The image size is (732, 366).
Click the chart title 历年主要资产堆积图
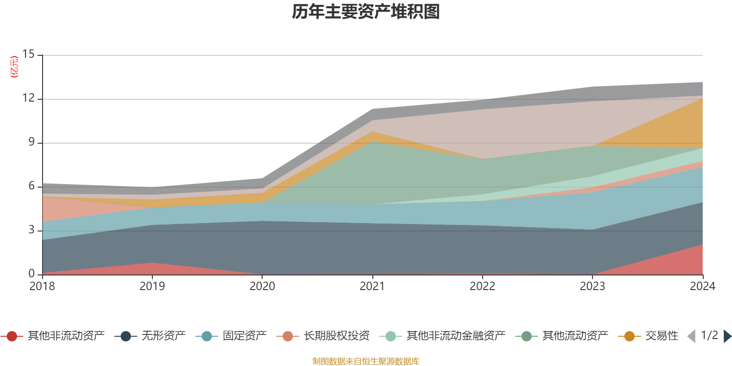click(366, 12)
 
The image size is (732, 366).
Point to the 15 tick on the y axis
click(28, 54)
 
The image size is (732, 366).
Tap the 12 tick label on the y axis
click(28, 98)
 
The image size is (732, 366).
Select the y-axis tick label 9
click(31, 142)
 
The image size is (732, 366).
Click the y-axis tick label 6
click(31, 186)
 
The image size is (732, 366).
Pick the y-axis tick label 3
click(31, 230)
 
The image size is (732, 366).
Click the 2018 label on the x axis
click(42, 286)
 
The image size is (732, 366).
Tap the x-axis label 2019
click(152, 286)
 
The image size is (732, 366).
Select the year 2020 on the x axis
click(262, 286)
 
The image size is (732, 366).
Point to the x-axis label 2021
click(372, 286)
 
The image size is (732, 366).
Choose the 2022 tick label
click(482, 286)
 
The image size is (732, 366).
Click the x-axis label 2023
click(592, 286)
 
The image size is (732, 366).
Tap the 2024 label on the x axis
click(702, 286)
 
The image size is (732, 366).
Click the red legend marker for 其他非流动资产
click(12, 336)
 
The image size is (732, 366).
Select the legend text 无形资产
click(163, 336)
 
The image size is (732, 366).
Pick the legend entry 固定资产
click(244, 336)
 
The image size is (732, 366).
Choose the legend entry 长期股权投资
click(336, 336)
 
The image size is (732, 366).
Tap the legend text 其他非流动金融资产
click(456, 336)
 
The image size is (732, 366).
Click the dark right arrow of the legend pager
click(727, 336)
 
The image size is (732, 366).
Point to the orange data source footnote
click(366, 361)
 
